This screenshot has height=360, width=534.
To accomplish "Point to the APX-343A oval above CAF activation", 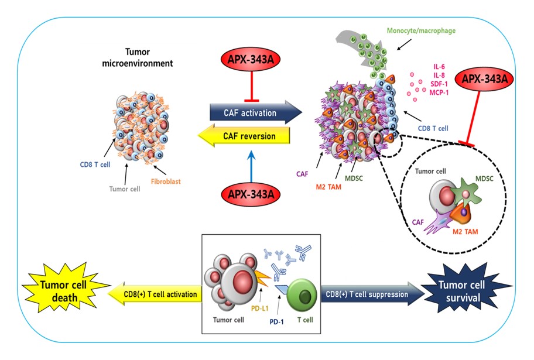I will [x=251, y=59].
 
